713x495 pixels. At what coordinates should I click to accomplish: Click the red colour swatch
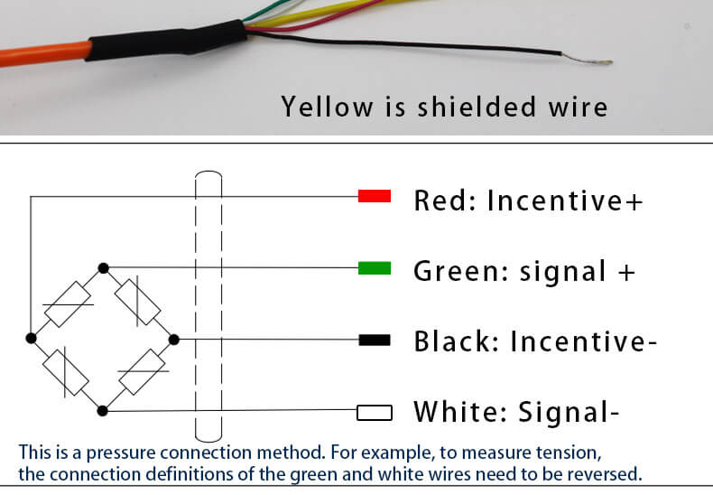[374, 196]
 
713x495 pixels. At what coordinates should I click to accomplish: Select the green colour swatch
[374, 268]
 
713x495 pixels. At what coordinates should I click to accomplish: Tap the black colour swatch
[374, 340]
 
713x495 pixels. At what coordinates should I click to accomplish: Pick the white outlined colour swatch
[374, 413]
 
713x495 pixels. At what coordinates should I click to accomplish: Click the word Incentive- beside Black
[583, 341]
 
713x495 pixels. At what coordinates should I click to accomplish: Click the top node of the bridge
[104, 267]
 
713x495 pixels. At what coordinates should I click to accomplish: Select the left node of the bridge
[32, 338]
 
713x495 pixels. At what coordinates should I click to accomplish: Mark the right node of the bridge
[174, 340]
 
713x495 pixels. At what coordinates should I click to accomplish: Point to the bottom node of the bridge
[103, 410]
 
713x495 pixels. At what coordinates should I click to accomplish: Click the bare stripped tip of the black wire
[602, 63]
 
